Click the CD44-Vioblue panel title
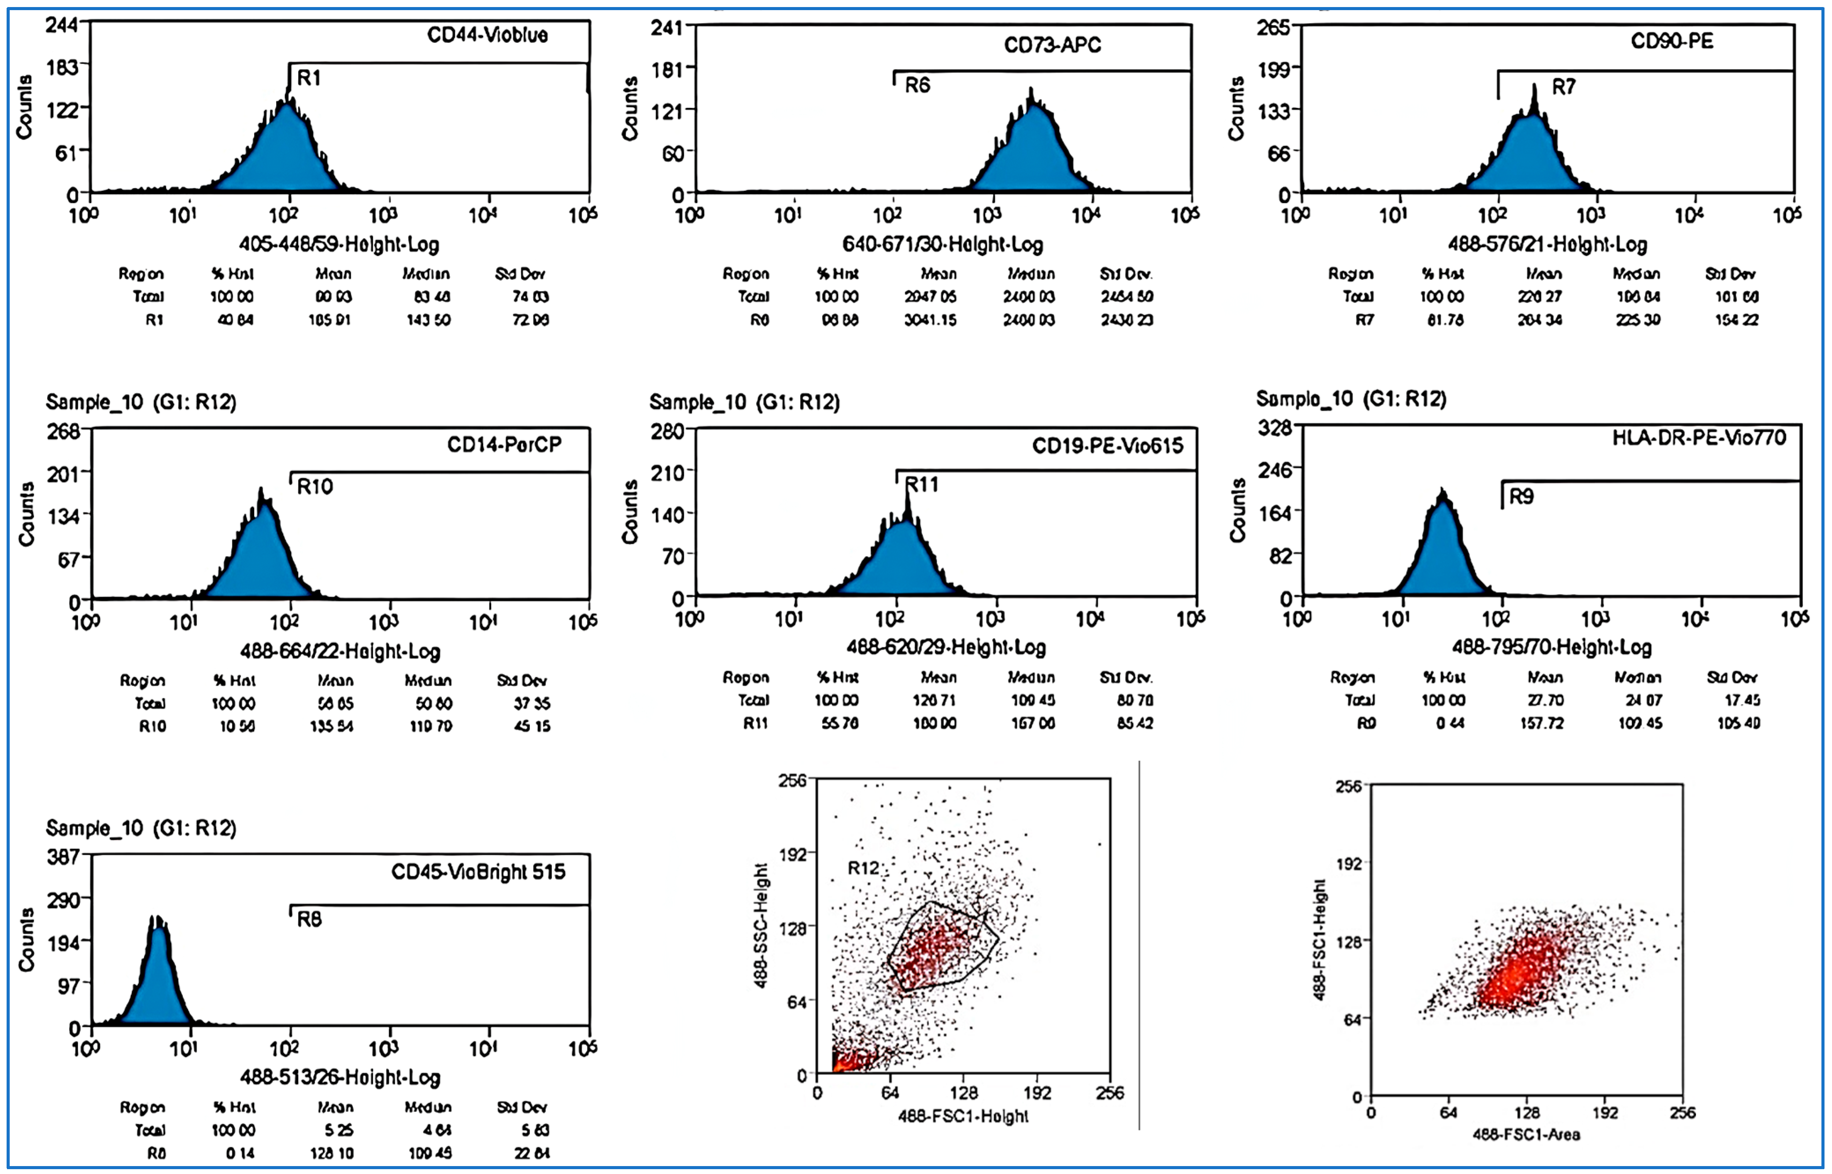(x=487, y=35)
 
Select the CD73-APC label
(x=1052, y=45)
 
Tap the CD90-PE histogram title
(x=1672, y=41)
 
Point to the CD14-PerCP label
(x=504, y=444)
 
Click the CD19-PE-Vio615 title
(x=1107, y=446)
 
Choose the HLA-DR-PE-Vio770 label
(x=1699, y=438)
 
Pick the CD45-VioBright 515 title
(x=478, y=871)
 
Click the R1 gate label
(x=309, y=78)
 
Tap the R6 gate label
(x=917, y=85)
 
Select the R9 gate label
(x=1521, y=497)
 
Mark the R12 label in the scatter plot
(x=863, y=868)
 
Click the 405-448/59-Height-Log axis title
(x=339, y=245)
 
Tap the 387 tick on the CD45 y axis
(x=63, y=857)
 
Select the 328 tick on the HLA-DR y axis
(x=1275, y=428)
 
